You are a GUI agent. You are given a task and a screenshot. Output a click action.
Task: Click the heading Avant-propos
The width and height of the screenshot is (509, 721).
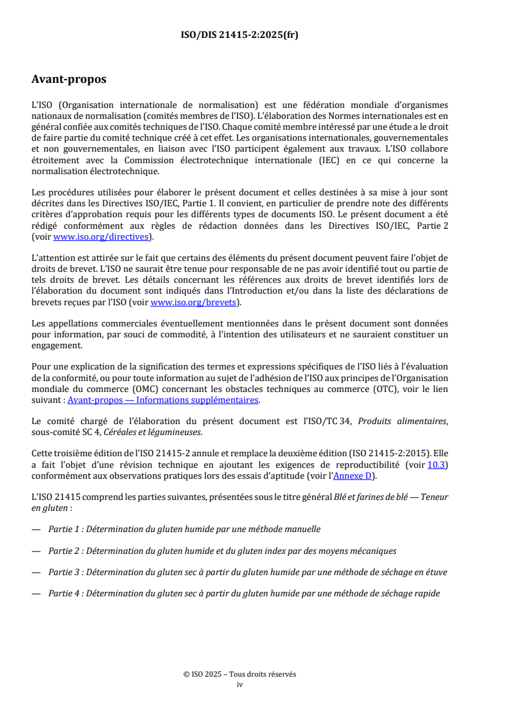point(69,80)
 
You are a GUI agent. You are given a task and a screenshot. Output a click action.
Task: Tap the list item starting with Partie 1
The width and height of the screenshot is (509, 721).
point(184,529)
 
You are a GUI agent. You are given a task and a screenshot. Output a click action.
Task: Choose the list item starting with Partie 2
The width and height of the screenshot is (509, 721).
point(222,551)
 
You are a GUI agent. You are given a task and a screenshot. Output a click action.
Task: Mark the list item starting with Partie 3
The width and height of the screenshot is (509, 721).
point(248,572)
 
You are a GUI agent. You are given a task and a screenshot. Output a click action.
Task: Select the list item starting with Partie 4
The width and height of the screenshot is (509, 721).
point(244,593)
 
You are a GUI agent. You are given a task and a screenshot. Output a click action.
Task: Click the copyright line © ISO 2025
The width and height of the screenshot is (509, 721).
point(239,674)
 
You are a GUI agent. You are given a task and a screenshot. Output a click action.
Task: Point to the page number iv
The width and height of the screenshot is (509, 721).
point(240,684)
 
